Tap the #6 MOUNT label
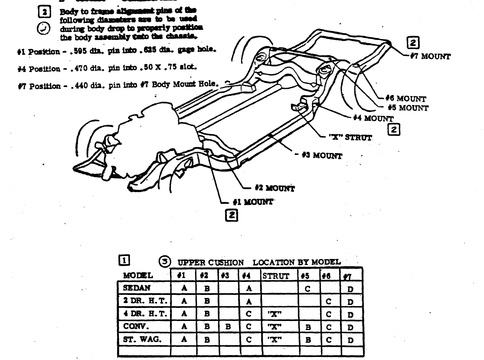406,99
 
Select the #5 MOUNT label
409,108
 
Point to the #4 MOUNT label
373,118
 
